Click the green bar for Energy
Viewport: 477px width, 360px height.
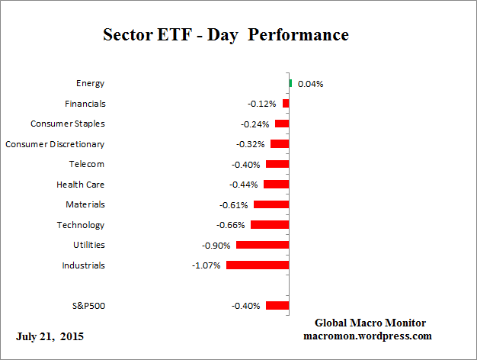click(290, 83)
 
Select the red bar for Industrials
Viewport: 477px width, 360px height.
click(258, 265)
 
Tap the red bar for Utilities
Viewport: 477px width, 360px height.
click(263, 245)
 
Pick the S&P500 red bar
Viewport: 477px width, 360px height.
click(277, 306)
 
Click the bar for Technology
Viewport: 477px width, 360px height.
click(270, 225)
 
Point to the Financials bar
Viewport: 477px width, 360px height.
click(286, 103)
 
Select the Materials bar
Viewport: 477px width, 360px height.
click(271, 204)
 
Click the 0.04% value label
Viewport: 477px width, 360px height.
click(310, 84)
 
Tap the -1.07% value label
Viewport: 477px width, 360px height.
click(206, 265)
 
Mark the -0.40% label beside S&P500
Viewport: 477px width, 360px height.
click(246, 306)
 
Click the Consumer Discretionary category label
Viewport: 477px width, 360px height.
click(55, 143)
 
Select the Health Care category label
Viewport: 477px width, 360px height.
click(80, 185)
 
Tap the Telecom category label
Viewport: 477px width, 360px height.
click(86, 164)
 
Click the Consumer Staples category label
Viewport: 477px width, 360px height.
click(67, 124)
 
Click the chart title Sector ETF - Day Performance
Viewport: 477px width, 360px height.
click(226, 35)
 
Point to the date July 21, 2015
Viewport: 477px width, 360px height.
click(50, 336)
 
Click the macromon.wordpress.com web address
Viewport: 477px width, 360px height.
click(367, 336)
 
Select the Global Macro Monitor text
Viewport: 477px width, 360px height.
click(370, 323)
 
